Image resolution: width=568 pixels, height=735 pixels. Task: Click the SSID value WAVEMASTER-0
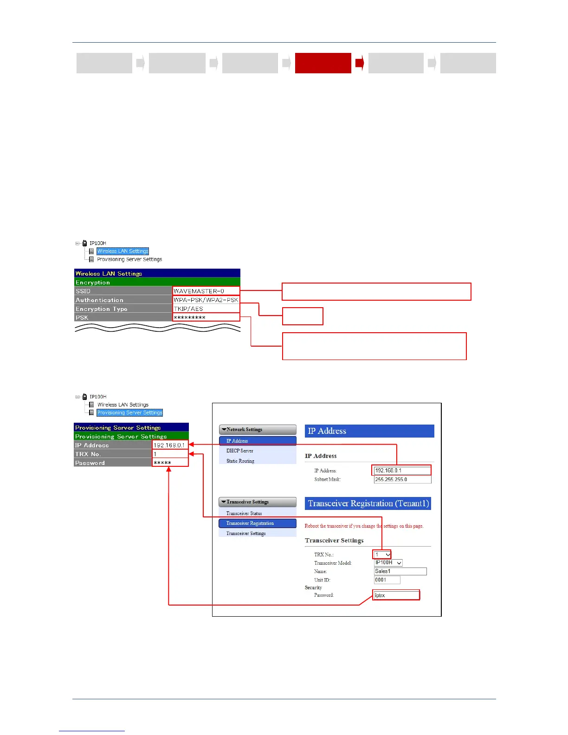pyautogui.click(x=206, y=291)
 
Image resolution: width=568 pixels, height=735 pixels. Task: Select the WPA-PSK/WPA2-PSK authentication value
pyautogui.click(x=206, y=300)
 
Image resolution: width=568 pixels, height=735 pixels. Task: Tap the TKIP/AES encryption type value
pyautogui.click(x=206, y=309)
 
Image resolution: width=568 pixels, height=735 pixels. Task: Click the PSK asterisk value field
pyautogui.click(x=206, y=317)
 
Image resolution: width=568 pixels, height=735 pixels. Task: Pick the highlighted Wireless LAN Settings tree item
pyautogui.click(x=123, y=251)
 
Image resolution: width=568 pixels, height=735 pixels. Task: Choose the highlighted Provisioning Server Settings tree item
pyautogui.click(x=129, y=413)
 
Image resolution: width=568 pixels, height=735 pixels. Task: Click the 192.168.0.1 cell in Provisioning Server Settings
pyautogui.click(x=170, y=445)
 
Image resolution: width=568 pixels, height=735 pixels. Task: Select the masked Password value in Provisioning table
pyautogui.click(x=170, y=463)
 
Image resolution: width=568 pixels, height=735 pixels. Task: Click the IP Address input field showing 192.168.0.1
pyautogui.click(x=402, y=471)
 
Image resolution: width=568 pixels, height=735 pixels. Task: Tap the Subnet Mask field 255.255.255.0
pyautogui.click(x=402, y=479)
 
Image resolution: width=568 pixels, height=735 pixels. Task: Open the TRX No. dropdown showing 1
pyautogui.click(x=382, y=554)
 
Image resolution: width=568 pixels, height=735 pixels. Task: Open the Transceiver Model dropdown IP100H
pyautogui.click(x=388, y=563)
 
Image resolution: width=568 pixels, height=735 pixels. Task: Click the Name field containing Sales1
pyautogui.click(x=400, y=571)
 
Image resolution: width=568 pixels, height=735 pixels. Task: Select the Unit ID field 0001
pyautogui.click(x=387, y=580)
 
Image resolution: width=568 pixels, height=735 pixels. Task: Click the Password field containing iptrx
pyautogui.click(x=396, y=595)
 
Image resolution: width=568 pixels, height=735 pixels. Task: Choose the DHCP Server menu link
pyautogui.click(x=240, y=451)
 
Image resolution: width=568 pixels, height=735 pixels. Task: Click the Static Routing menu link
pyautogui.click(x=240, y=461)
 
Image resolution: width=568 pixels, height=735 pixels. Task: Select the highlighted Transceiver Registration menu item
pyautogui.click(x=257, y=523)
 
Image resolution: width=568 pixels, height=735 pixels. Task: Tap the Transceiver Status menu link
pyautogui.click(x=244, y=513)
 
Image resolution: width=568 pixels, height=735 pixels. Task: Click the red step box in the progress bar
pyautogui.click(x=323, y=63)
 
